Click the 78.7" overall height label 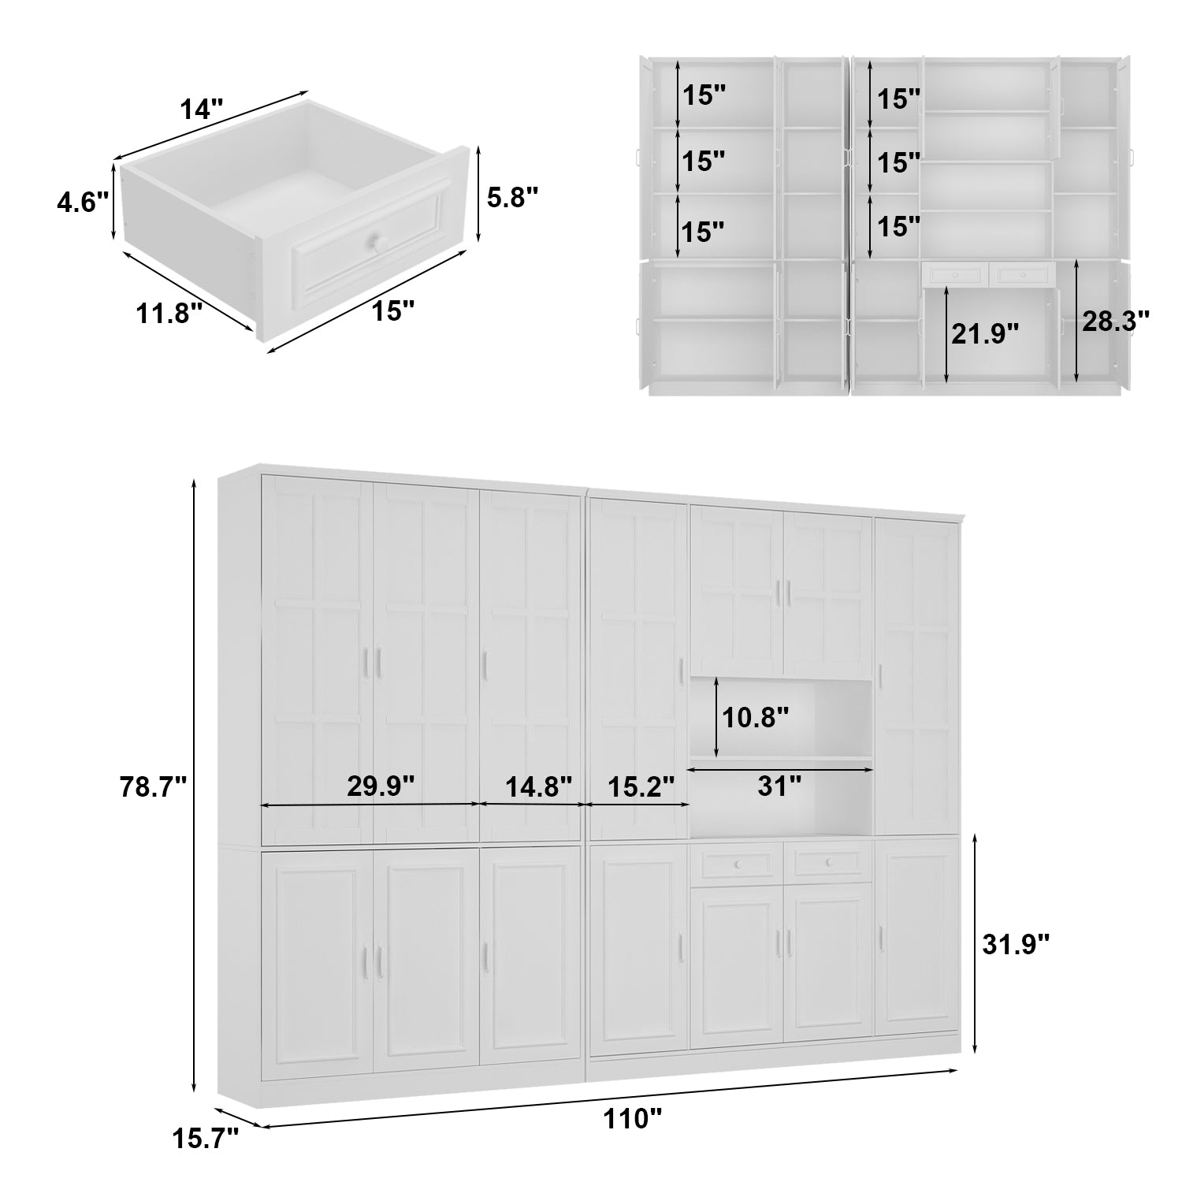(153, 786)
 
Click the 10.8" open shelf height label (756, 717)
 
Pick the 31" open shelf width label (779, 785)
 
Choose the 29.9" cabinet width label (381, 786)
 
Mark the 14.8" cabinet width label (538, 786)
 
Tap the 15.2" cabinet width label (641, 786)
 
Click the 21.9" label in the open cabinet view (985, 334)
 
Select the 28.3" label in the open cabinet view (1115, 321)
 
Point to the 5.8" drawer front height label (512, 197)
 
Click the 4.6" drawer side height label (82, 203)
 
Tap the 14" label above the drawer (203, 109)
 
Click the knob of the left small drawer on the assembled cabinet (738, 865)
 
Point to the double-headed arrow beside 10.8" (716, 717)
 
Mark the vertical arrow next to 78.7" (194, 786)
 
